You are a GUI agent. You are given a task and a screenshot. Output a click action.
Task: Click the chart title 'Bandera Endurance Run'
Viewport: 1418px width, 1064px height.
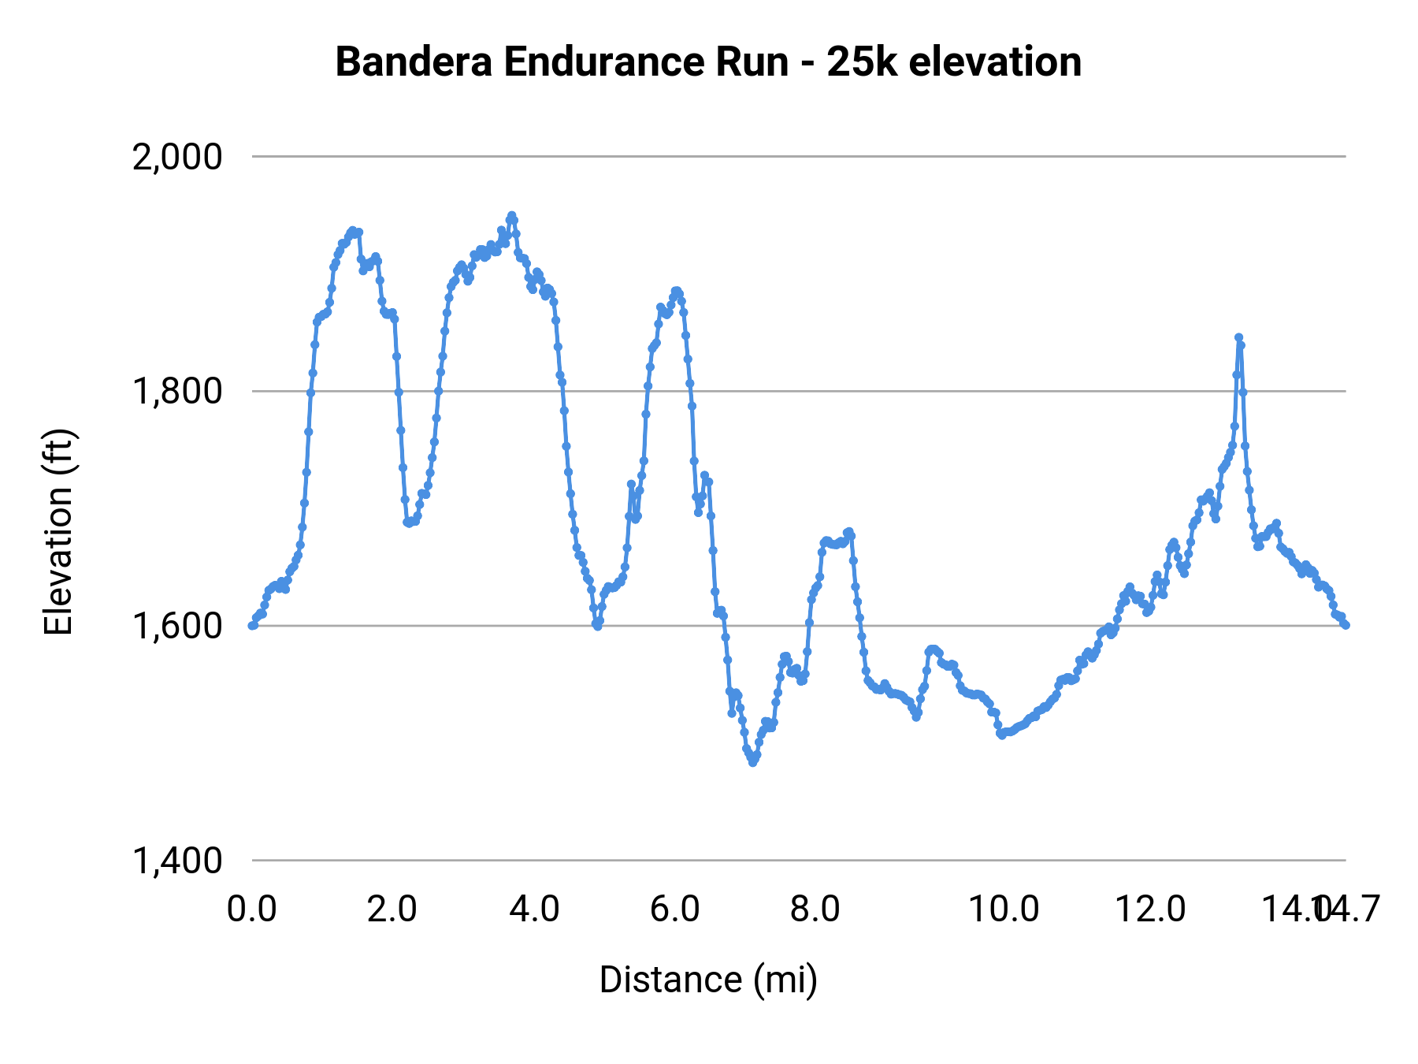pos(561,61)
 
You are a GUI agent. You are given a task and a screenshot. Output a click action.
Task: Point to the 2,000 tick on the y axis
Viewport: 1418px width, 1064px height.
pos(178,157)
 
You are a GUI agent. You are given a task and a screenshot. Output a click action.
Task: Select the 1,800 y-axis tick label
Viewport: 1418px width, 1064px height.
pos(178,391)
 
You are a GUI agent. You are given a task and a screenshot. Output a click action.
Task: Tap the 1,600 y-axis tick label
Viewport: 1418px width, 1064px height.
pos(178,626)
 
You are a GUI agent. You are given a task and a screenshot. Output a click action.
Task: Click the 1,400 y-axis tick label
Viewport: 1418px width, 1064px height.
pos(178,861)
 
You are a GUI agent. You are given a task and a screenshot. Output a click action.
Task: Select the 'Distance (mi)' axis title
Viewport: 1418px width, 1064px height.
pos(708,980)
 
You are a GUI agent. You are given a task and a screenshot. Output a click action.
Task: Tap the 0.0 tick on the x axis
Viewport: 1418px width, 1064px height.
pos(252,909)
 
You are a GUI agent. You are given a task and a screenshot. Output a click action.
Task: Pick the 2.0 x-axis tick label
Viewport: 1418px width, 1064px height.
pos(392,909)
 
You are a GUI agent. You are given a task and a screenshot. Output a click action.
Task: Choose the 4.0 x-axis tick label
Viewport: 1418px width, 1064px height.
pos(534,909)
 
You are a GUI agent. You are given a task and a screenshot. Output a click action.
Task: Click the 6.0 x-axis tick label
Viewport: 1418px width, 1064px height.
pos(675,909)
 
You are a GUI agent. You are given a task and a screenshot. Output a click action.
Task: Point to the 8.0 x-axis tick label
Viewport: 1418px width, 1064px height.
pos(815,909)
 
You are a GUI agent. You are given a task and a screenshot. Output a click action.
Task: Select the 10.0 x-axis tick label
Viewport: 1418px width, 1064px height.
pos(1004,909)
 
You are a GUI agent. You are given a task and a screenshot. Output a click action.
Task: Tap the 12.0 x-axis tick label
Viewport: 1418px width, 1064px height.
pos(1150,909)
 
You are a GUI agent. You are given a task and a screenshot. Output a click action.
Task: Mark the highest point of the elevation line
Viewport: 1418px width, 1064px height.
pos(512,215)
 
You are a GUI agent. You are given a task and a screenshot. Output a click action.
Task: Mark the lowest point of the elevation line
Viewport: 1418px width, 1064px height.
pos(752,762)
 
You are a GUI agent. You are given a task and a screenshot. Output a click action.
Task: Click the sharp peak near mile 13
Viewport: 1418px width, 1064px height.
pos(1238,337)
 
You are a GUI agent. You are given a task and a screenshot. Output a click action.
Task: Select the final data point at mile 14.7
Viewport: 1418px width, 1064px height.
pos(1346,625)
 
